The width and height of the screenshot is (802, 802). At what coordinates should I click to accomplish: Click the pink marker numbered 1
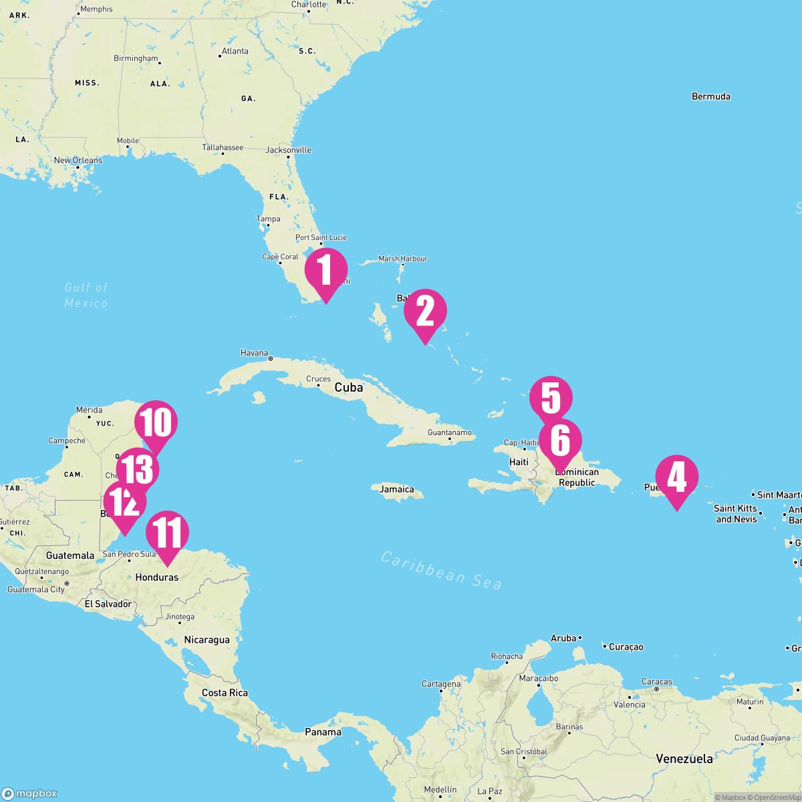(x=326, y=270)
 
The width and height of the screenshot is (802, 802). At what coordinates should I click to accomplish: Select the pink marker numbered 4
(x=676, y=477)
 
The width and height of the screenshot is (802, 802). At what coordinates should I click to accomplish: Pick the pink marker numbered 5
(x=551, y=398)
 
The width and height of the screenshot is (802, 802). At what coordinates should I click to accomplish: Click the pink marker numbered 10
(x=156, y=423)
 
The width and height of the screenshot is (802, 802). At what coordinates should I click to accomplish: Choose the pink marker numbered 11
(x=167, y=533)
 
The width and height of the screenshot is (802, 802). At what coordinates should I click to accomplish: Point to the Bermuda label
(x=710, y=96)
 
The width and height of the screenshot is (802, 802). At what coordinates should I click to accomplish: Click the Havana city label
(x=254, y=353)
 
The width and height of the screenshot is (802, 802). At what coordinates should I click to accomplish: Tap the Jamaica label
(x=397, y=489)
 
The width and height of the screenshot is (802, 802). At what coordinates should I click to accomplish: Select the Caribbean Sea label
(x=441, y=569)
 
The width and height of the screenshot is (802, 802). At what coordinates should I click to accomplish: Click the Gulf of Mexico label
(x=86, y=295)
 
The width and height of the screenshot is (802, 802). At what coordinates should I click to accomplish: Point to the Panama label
(x=323, y=732)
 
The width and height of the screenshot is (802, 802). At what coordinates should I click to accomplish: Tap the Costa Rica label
(x=225, y=692)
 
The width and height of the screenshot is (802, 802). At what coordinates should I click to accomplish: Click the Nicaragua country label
(x=207, y=640)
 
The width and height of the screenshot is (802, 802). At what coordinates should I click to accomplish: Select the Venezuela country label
(x=684, y=759)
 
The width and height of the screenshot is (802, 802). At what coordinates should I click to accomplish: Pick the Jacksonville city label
(x=289, y=150)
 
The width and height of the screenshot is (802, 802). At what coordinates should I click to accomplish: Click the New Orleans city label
(x=78, y=160)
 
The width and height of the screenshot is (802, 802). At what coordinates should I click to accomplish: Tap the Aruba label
(x=563, y=638)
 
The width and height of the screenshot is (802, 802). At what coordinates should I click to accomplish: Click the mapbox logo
(x=29, y=793)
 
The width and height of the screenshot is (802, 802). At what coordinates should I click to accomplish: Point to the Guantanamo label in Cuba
(x=449, y=432)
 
